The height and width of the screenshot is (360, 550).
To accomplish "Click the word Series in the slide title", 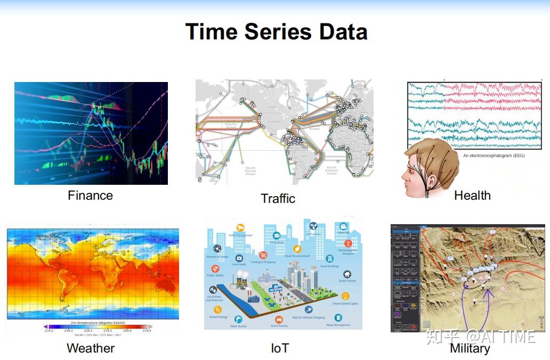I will coord(278,32).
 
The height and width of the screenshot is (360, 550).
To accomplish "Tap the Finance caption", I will coord(90,195).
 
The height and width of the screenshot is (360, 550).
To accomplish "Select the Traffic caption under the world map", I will coord(278,199).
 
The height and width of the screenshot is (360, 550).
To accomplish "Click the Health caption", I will coord(472,195).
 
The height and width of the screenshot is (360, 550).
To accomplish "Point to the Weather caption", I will coord(91,348).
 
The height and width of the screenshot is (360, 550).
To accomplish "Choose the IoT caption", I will coord(280,348).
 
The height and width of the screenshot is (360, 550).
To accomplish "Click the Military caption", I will coord(470,348).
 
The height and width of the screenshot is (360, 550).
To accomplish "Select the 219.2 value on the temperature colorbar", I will coord(49,330).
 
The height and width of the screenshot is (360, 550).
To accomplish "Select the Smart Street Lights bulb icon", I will coord(345,296).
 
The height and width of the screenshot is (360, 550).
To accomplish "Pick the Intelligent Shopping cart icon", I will coord(263,255).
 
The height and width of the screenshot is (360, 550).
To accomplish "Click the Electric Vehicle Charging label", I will coord(308,317).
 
